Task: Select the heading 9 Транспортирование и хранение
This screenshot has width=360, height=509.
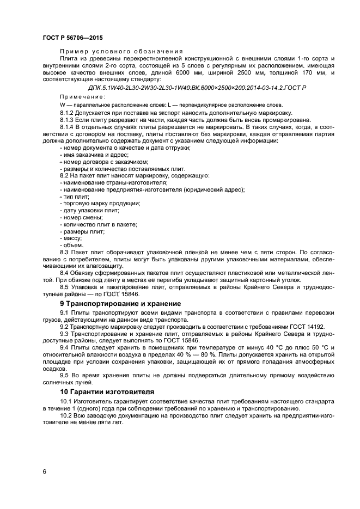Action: pyautogui.click(x=120, y=303)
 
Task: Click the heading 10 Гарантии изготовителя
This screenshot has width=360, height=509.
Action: pyautogui.click(x=107, y=391)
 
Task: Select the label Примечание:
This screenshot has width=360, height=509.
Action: pyautogui.click(x=75, y=96)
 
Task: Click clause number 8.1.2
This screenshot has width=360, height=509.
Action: pyautogui.click(x=68, y=112)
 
